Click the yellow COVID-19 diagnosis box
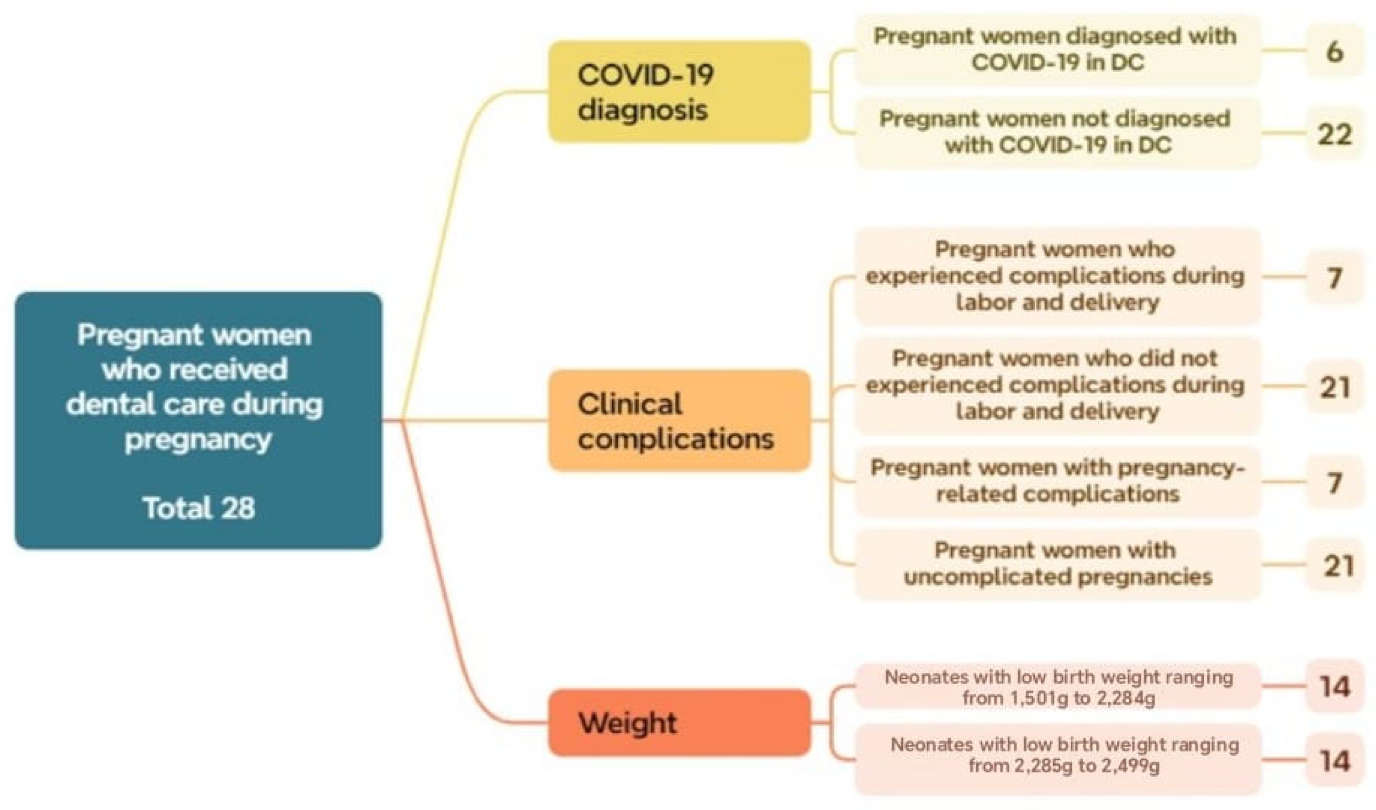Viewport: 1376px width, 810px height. point(679,92)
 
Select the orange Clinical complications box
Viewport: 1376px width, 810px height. point(679,421)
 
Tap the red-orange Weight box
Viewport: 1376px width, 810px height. point(679,722)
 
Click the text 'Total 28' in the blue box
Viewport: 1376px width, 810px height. point(199,508)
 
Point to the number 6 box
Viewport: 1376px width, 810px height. point(1334,51)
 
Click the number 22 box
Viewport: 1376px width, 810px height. point(1334,134)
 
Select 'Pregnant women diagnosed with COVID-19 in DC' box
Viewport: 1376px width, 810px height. point(1057,50)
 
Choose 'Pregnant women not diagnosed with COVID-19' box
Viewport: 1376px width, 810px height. point(1057,133)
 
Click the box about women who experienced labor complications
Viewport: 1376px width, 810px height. point(1057,276)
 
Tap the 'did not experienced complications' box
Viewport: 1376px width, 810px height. point(1057,385)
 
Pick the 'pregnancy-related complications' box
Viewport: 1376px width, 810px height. point(1057,481)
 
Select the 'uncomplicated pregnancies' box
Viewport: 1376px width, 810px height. point(1057,564)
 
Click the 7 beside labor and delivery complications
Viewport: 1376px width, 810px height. point(1334,277)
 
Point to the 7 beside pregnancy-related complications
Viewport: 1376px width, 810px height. point(1334,483)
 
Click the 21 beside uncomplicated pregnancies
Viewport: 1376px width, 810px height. point(1334,565)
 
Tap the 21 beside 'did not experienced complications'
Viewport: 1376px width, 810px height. point(1334,387)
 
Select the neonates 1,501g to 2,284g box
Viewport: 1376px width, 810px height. point(1057,687)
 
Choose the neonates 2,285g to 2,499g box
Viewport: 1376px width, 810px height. point(1057,756)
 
